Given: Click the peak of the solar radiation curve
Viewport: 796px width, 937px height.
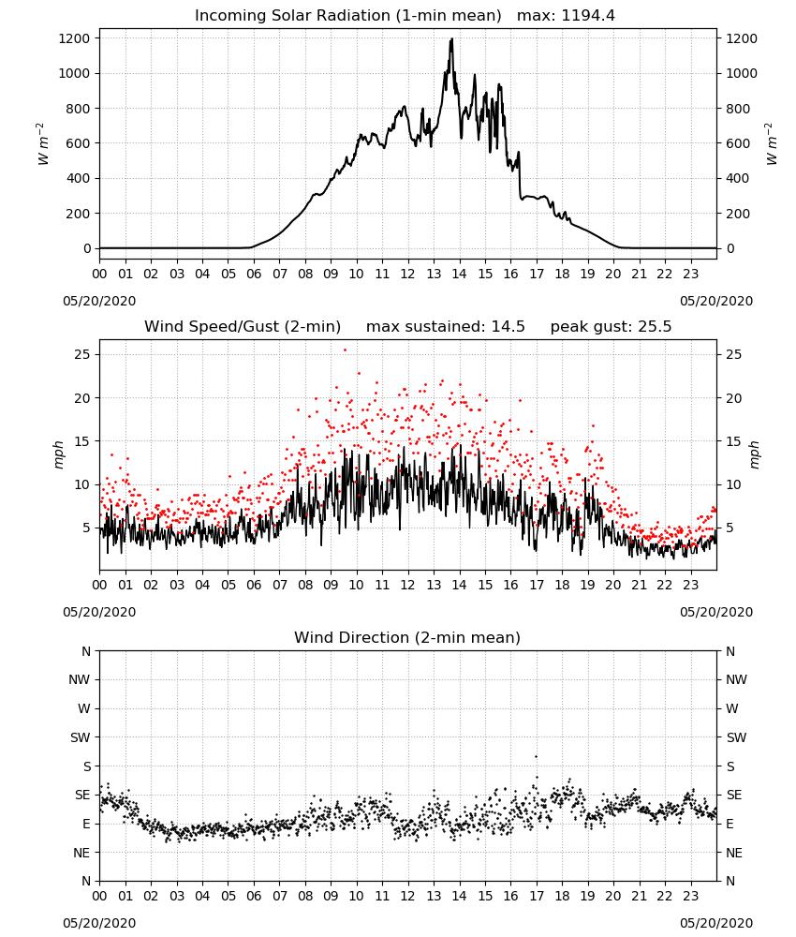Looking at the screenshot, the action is click(451, 39).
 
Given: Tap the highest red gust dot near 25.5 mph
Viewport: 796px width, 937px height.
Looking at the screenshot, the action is click(345, 350).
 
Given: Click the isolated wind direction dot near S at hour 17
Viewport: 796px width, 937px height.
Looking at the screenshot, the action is click(536, 756).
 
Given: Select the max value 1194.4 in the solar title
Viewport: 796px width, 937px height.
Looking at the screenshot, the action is click(588, 15).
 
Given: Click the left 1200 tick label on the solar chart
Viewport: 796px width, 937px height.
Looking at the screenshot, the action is click(75, 38).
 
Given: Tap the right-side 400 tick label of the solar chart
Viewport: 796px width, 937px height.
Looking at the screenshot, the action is click(738, 178).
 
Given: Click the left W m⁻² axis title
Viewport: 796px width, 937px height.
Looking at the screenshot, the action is click(42, 144).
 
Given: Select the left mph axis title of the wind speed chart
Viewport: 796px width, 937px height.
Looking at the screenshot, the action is click(58, 454).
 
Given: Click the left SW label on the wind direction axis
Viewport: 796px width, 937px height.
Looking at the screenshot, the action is click(81, 737).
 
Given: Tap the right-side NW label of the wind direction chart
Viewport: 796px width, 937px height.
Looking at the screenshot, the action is click(736, 679).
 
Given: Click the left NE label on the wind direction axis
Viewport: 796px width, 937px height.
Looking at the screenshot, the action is click(81, 853).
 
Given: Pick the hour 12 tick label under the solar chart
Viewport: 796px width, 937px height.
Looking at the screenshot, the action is click(408, 275).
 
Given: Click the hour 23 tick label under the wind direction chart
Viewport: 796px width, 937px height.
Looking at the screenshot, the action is click(691, 897).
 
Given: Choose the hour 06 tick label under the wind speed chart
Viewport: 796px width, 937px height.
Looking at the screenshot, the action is click(254, 585).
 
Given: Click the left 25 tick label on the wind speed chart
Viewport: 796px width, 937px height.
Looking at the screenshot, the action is click(82, 354).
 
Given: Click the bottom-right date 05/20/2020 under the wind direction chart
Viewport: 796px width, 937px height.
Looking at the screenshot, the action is click(716, 923).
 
